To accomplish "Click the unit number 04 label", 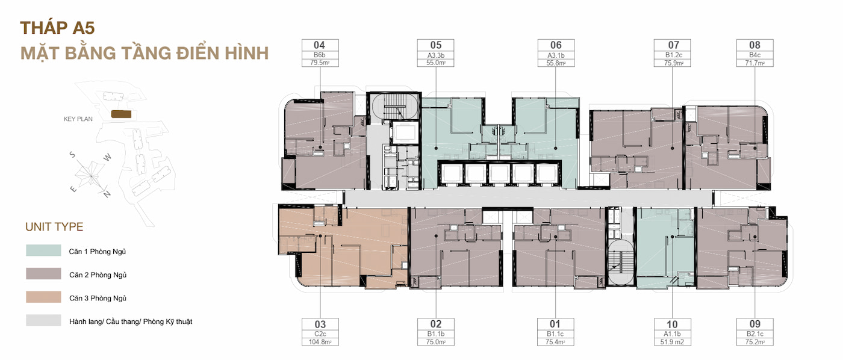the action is tap(320, 45).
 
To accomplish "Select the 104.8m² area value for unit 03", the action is tap(320, 342).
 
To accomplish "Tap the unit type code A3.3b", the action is tap(435, 55).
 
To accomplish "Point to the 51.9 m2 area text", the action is tap(672, 342).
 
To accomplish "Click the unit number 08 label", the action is tap(754, 45).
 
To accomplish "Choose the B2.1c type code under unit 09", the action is tap(755, 334).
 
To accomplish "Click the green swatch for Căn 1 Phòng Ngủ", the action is tap(43, 250).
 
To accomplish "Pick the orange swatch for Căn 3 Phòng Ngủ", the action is tap(43, 297).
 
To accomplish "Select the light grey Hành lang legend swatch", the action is tap(43, 320).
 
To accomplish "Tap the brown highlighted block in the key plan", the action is tap(121, 114).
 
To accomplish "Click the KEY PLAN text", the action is tap(78, 119).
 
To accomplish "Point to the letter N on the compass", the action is tap(107, 194).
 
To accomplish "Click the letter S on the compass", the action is tap(72, 155).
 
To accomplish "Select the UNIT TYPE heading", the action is tap(54, 226).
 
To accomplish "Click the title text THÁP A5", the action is tap(57, 28).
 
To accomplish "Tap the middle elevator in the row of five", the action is tap(499, 174).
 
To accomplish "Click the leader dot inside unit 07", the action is tap(673, 148).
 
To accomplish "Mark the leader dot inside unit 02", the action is tap(436, 236).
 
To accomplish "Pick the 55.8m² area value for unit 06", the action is tap(556, 63).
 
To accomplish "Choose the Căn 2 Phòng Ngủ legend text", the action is tap(98, 275).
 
